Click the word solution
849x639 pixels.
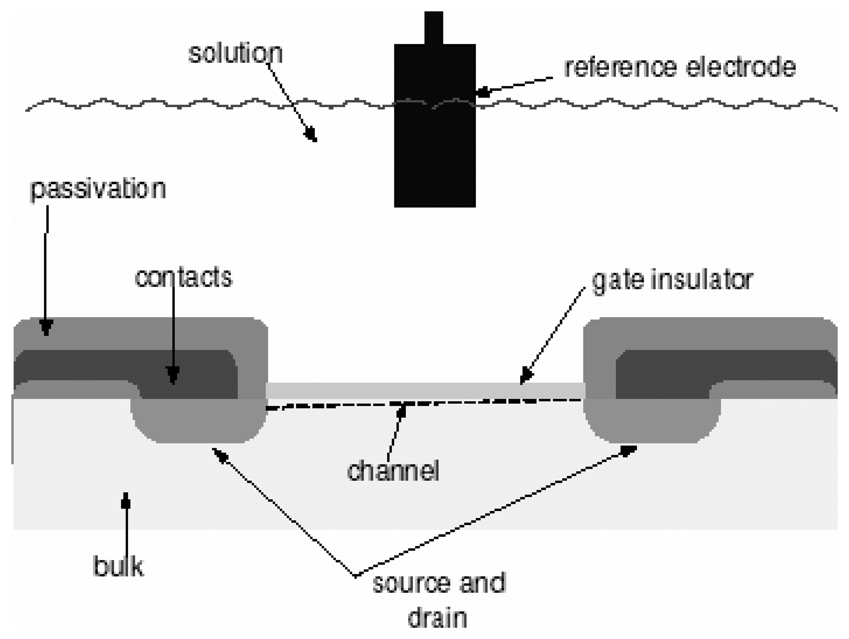[235, 54]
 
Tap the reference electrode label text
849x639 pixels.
[680, 67]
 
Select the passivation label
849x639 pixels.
[98, 189]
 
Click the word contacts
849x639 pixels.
[183, 278]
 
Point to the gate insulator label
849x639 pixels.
[672, 281]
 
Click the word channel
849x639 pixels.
[393, 471]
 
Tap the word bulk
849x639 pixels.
[118, 566]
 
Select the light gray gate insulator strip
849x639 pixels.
[426, 390]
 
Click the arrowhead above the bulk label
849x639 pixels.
[126, 500]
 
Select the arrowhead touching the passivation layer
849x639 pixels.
[46, 327]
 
